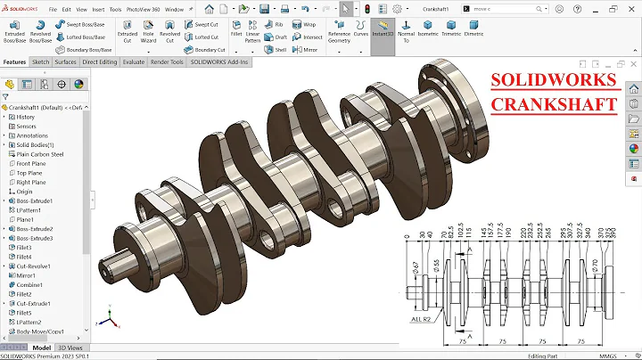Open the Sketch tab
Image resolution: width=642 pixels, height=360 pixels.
coord(40,62)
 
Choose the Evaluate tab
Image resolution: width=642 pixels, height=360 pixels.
coord(134,62)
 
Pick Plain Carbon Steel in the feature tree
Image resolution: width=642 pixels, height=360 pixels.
coord(40,154)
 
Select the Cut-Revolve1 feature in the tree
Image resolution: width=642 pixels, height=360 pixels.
coord(35,266)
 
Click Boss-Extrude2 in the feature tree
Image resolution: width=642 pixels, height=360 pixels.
coord(35,229)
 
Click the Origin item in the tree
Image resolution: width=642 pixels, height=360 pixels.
coord(24,192)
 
